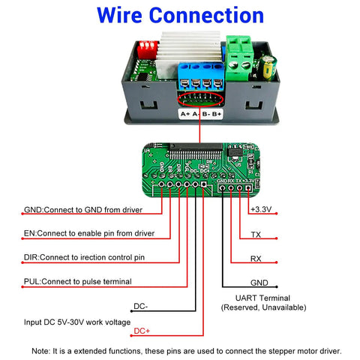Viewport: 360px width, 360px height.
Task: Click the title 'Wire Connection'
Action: pos(181,16)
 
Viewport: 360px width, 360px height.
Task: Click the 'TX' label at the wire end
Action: pos(256,235)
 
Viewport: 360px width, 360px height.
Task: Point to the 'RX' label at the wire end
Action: pos(256,259)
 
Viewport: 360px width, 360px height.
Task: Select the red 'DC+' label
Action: pos(142,331)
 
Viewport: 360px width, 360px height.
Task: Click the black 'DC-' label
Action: pos(140,306)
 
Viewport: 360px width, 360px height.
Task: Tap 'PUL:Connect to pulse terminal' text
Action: pos(78,281)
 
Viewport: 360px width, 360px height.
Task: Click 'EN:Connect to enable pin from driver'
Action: pos(89,233)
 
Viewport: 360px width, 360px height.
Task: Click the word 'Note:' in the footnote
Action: pos(43,350)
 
